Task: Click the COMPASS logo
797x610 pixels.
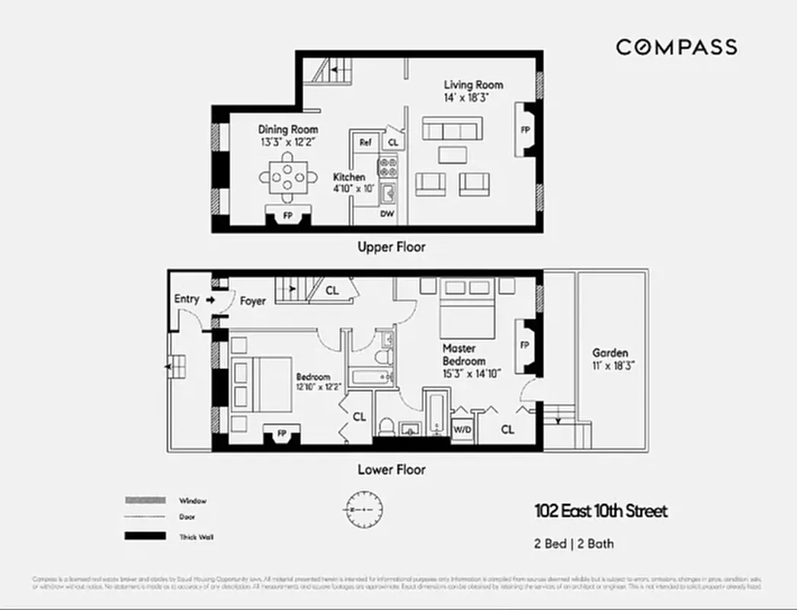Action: click(x=676, y=47)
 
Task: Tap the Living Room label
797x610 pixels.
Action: click(x=473, y=85)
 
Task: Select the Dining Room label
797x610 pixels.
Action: click(x=287, y=130)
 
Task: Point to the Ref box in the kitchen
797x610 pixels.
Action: click(x=365, y=142)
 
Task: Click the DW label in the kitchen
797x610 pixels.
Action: click(x=387, y=214)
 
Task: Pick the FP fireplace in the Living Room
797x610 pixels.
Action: click(x=525, y=130)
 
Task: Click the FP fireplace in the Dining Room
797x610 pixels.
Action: click(x=287, y=216)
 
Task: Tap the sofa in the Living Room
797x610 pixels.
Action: click(x=453, y=128)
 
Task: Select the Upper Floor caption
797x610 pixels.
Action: click(x=392, y=247)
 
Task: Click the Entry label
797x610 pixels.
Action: click(x=187, y=299)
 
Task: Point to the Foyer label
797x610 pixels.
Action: click(x=253, y=301)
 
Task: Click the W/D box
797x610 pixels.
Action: click(x=462, y=429)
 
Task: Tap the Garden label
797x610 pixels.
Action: click(x=610, y=353)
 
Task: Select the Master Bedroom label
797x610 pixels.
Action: click(x=464, y=354)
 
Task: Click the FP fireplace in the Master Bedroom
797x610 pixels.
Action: click(x=525, y=345)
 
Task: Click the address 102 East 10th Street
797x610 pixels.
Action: click(x=600, y=511)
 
